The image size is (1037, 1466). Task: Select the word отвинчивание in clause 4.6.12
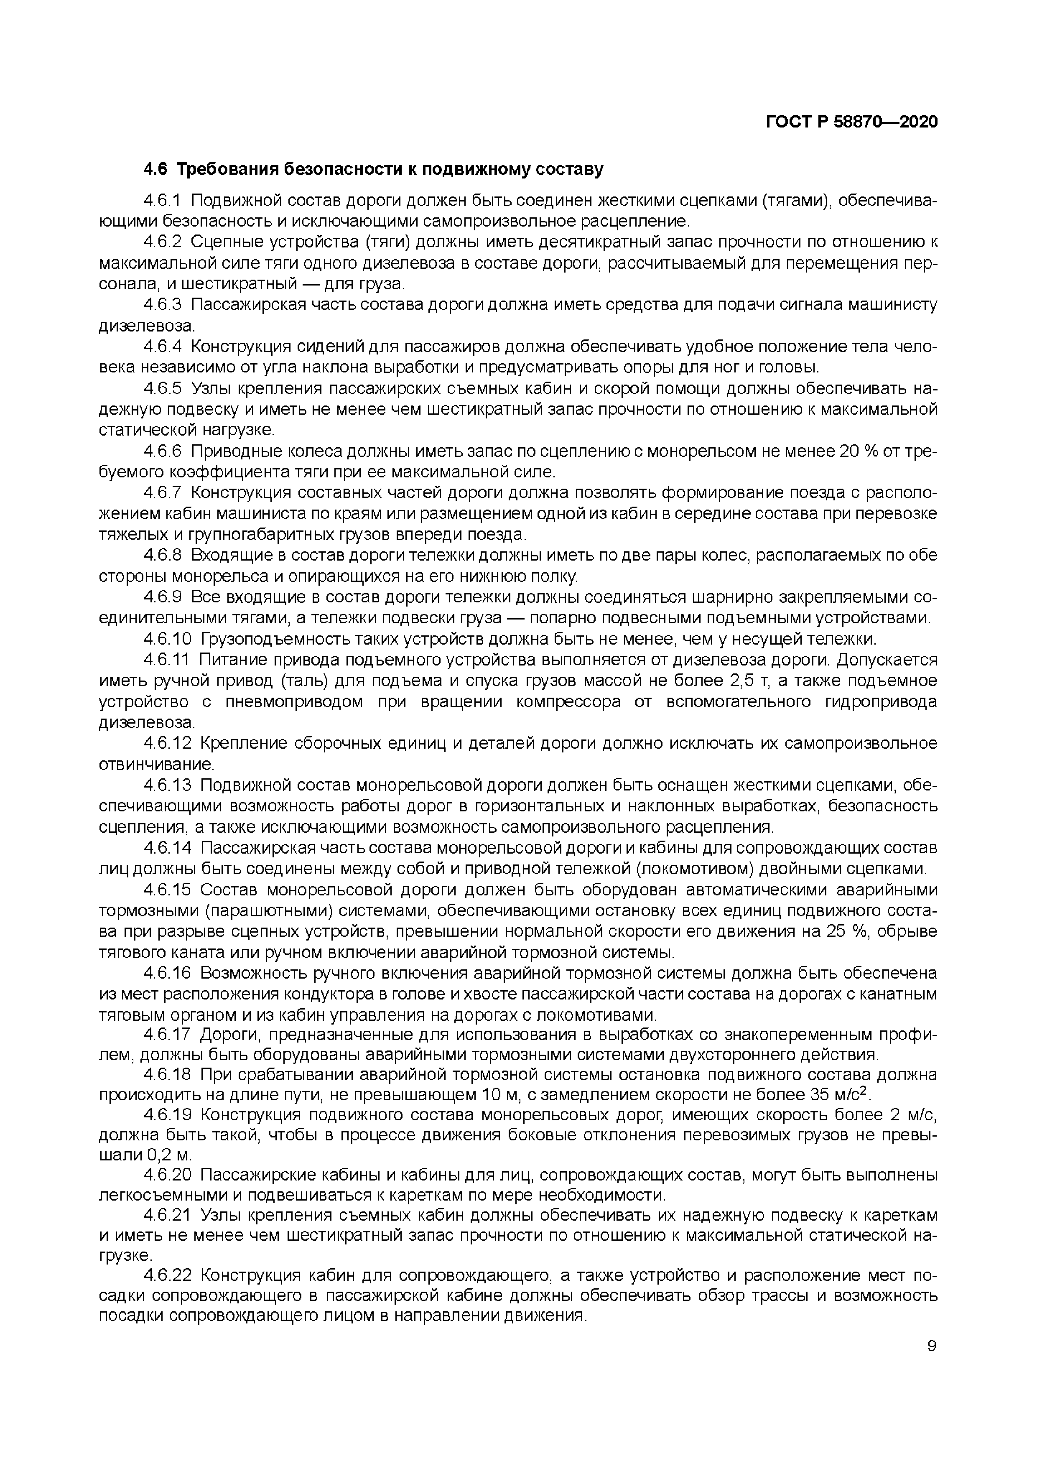point(156,764)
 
